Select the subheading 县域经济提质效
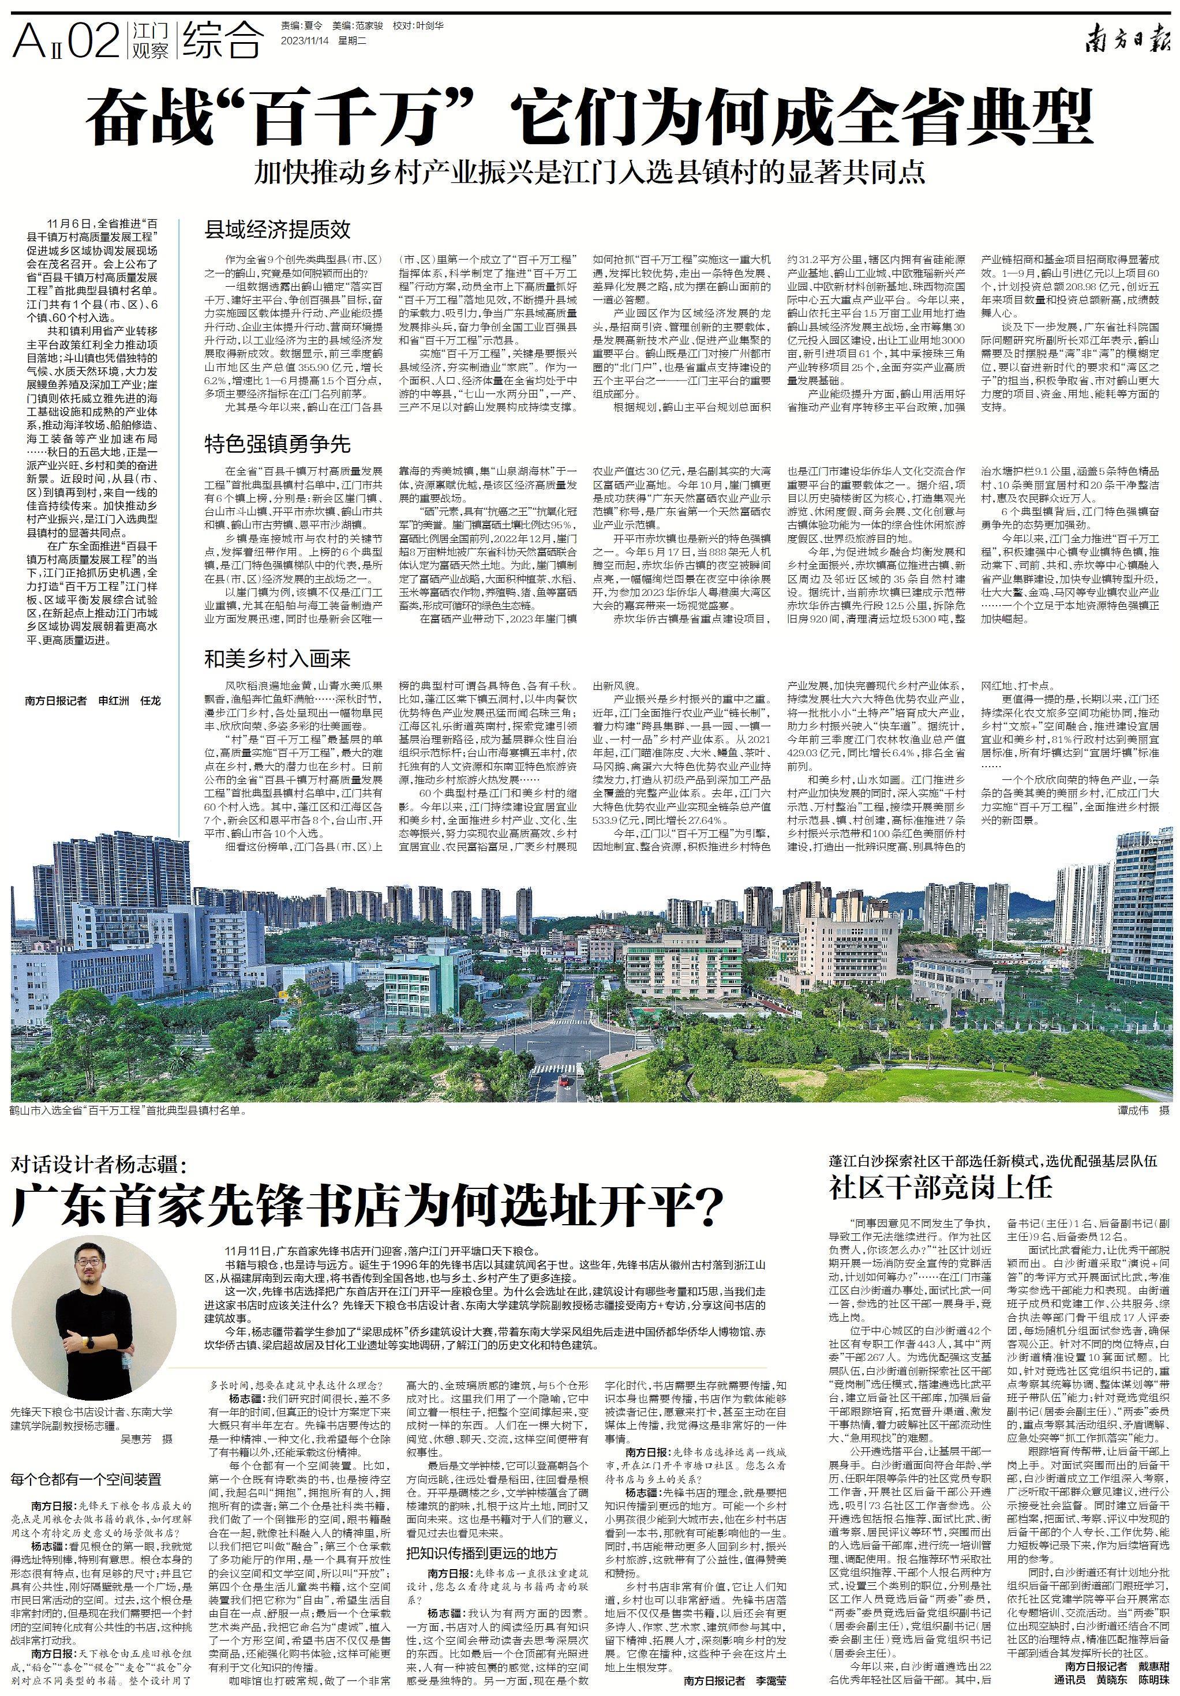click(277, 230)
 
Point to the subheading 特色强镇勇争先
click(277, 444)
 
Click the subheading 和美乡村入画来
click(277, 658)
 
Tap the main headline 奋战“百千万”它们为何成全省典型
click(589, 117)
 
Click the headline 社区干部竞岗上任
click(939, 1187)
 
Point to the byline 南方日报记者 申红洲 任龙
click(92, 700)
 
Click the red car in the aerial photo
click(563, 1082)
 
